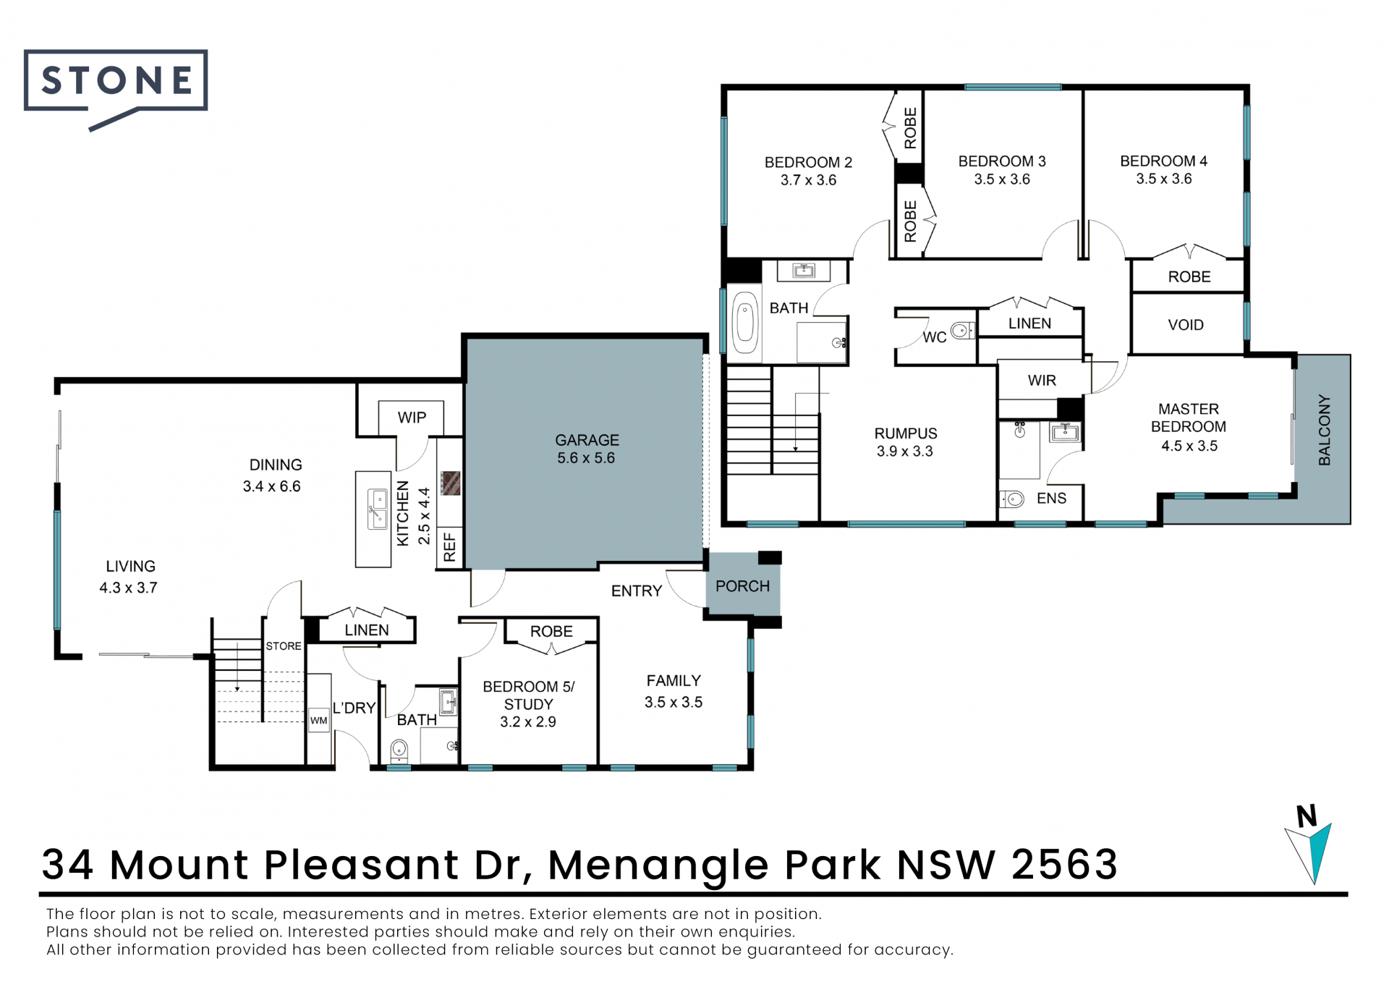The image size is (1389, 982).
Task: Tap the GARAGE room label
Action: pos(587,440)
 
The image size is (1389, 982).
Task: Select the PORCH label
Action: pos(742,586)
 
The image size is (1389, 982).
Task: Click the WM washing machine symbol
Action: pos(319,720)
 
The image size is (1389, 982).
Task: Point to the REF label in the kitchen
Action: pos(449,547)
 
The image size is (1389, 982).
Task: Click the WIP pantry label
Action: pos(412,418)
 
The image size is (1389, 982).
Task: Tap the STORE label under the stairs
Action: pos(284,646)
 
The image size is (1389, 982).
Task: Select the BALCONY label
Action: pos(1324,430)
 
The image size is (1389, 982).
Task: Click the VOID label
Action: pos(1186,325)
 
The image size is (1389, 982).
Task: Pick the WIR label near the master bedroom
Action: pos(1042,381)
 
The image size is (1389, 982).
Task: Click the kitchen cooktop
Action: pos(451,483)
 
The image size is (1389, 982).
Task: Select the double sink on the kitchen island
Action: pos(378,509)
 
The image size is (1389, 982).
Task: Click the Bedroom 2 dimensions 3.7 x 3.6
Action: pos(808,180)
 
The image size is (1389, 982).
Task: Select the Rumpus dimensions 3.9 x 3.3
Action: pos(905,452)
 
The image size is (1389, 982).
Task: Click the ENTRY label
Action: pos(637,591)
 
